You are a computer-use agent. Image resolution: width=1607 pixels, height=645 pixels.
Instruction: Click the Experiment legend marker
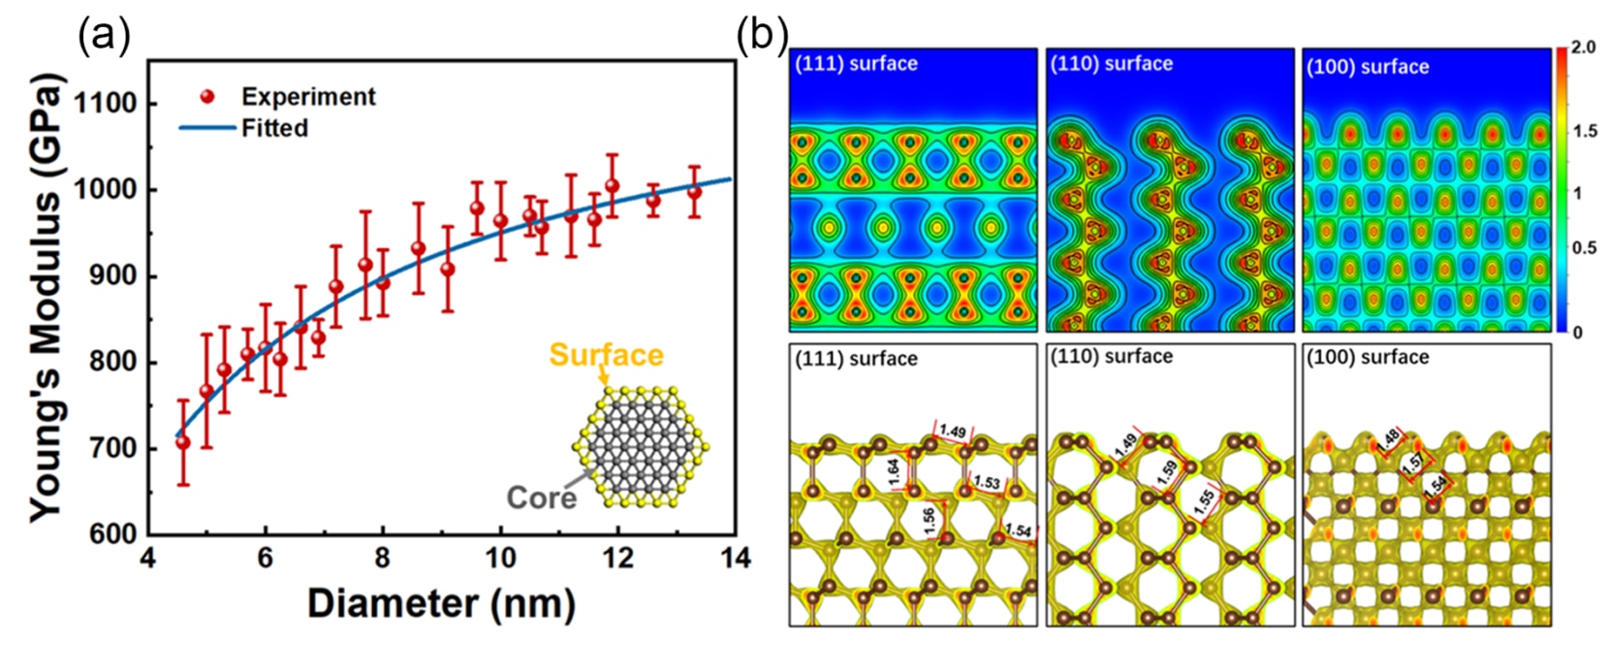point(206,97)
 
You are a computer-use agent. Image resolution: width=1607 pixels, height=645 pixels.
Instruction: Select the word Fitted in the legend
point(275,128)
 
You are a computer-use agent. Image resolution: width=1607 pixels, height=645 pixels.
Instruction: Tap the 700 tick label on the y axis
point(108,449)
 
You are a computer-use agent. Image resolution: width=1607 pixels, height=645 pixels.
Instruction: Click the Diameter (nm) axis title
point(441,603)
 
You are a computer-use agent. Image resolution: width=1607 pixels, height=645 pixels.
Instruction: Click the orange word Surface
point(607,355)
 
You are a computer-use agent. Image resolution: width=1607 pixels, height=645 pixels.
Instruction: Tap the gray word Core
point(541,498)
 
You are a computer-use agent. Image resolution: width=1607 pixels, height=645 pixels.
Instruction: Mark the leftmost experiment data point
point(183,442)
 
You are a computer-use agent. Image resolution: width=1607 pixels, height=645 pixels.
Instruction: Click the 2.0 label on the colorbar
point(1582,48)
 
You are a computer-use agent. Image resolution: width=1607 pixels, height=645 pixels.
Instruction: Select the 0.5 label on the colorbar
point(1584,248)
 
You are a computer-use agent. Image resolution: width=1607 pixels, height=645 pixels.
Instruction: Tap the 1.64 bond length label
point(894,472)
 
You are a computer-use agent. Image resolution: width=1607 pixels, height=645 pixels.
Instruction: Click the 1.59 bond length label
point(1166,472)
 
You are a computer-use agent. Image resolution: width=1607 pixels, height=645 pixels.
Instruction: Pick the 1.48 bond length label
point(1388,440)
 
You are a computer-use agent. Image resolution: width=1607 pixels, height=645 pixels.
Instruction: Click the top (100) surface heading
point(1368,67)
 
